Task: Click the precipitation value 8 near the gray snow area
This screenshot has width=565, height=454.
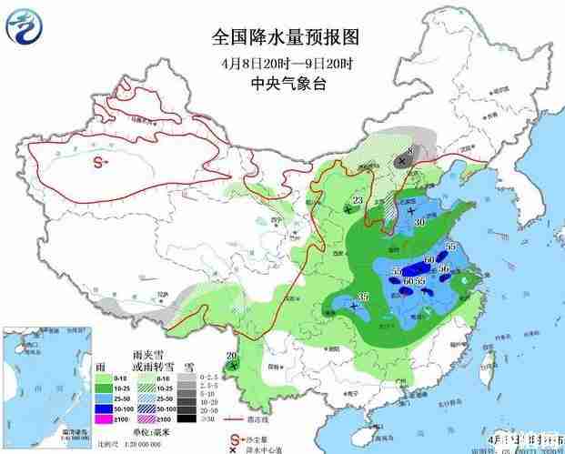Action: (x=411, y=151)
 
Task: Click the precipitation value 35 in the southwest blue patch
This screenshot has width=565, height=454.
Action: (x=363, y=297)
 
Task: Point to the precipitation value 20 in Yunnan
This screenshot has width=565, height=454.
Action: (x=231, y=356)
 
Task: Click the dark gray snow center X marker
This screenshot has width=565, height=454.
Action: (x=401, y=160)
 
